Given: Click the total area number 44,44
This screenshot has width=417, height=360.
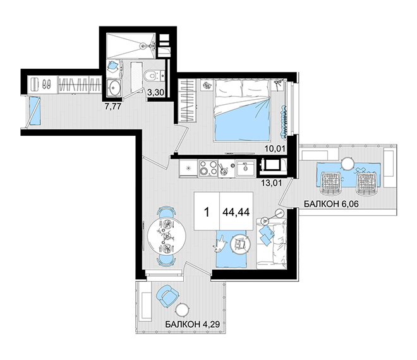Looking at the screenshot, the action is (236, 212).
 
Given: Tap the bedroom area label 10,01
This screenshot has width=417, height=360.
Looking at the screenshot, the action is (275, 148).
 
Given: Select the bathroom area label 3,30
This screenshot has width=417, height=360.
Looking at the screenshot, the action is (155, 92).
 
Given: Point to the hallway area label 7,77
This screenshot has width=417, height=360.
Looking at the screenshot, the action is (113, 107).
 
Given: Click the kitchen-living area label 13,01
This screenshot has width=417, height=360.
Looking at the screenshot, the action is (271, 183).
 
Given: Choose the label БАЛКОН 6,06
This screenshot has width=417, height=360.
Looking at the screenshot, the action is (331, 204).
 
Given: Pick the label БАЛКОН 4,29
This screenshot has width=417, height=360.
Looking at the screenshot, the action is (193, 324).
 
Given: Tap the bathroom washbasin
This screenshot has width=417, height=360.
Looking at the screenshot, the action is (114, 87).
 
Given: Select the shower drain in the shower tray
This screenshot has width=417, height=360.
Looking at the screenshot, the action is (143, 45).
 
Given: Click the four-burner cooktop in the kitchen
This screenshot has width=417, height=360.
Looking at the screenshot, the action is (208, 168).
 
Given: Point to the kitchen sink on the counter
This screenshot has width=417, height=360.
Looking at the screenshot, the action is (246, 168).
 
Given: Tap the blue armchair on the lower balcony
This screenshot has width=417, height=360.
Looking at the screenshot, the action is (167, 296).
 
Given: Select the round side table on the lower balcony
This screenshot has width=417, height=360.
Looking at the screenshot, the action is (183, 309).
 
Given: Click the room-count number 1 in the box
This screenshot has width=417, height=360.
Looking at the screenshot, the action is (207, 212).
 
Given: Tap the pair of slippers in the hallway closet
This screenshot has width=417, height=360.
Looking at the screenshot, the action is (47, 84).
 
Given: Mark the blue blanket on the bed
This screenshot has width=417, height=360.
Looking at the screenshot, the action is (242, 119).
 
